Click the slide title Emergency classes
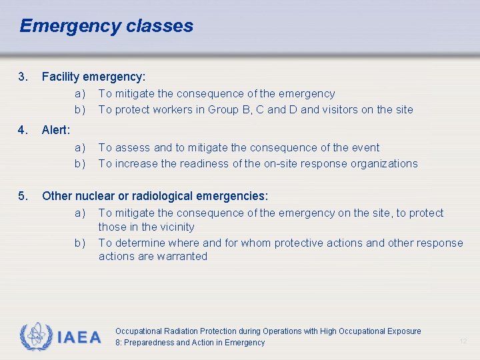point(106,26)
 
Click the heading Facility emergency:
point(93,77)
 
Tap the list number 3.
point(24,77)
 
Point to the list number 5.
point(24,196)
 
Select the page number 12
point(463,342)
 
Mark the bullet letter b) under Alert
point(80,163)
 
